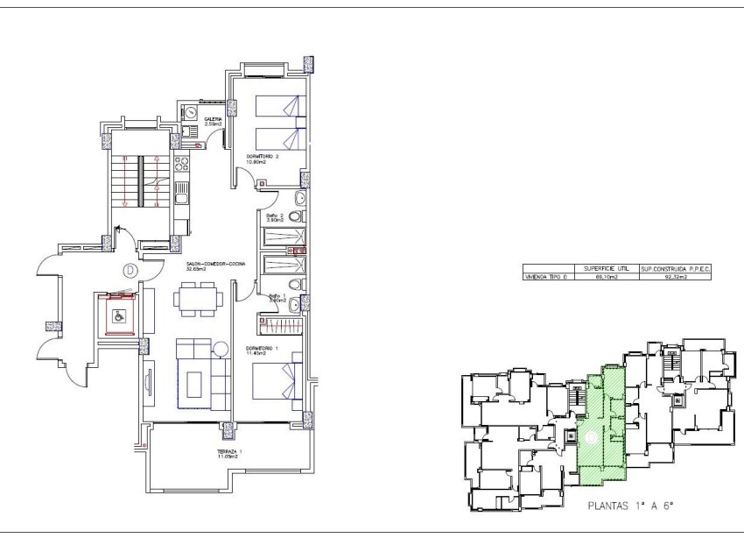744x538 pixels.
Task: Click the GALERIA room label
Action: coord(213,121)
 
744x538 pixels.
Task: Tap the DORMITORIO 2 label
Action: coord(262,158)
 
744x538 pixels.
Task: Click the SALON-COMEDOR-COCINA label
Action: coord(214,265)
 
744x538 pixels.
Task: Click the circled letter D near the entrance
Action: coord(130,270)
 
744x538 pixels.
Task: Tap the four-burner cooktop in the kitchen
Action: coord(181,163)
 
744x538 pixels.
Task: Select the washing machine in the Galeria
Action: coord(192,112)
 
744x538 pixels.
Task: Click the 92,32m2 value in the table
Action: coord(674,276)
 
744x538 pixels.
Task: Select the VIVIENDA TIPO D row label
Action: coord(545,276)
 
